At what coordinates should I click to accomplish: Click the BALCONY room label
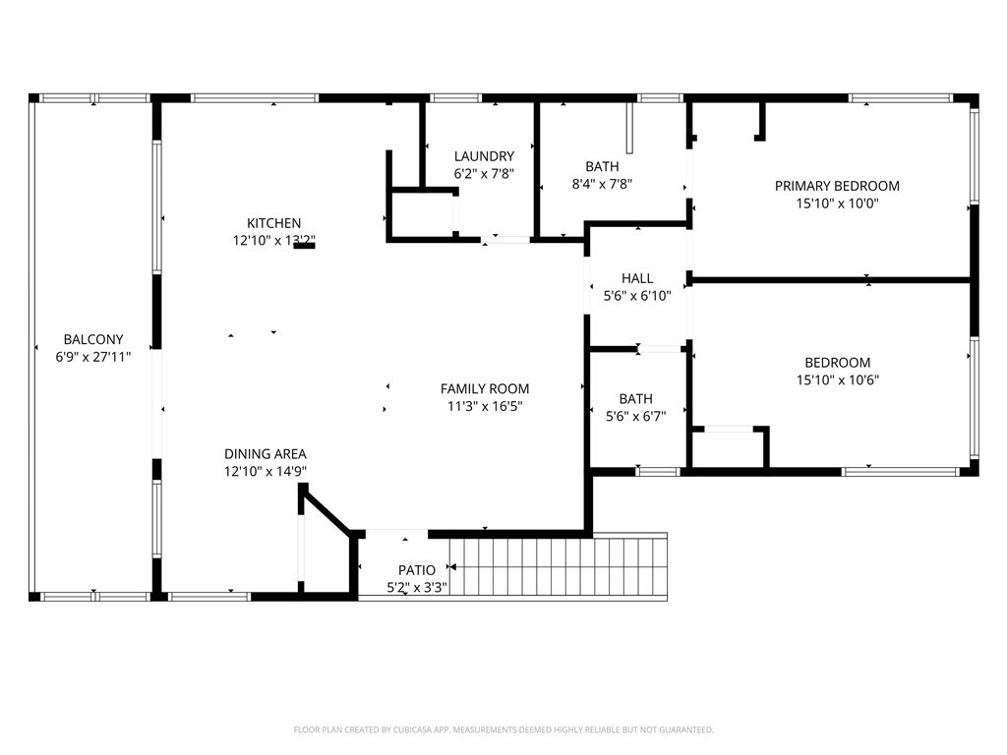[x=93, y=339]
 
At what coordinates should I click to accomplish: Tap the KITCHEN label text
[x=273, y=223]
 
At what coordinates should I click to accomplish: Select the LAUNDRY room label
[x=484, y=156]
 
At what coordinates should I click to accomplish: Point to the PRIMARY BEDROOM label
[x=837, y=186]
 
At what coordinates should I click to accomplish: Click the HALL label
[x=637, y=278]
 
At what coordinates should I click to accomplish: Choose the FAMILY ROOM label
[x=485, y=388]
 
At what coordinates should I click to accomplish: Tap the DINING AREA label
[x=266, y=454]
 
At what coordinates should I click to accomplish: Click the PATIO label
[x=417, y=570]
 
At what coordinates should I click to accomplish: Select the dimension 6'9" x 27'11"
[x=93, y=357]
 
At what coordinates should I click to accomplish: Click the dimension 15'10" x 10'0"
[x=837, y=203]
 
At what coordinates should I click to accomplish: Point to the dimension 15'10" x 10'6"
[x=837, y=379]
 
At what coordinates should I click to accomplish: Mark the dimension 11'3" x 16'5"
[x=485, y=406]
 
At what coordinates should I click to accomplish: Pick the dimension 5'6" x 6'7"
[x=636, y=416]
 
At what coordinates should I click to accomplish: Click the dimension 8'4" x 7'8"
[x=602, y=184]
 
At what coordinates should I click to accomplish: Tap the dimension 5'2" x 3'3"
[x=417, y=588]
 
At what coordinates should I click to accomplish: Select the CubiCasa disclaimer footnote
[x=503, y=729]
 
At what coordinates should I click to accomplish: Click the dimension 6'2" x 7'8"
[x=484, y=174]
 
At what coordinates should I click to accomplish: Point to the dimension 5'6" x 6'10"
[x=637, y=296]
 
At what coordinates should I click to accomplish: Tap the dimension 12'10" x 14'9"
[x=266, y=472]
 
